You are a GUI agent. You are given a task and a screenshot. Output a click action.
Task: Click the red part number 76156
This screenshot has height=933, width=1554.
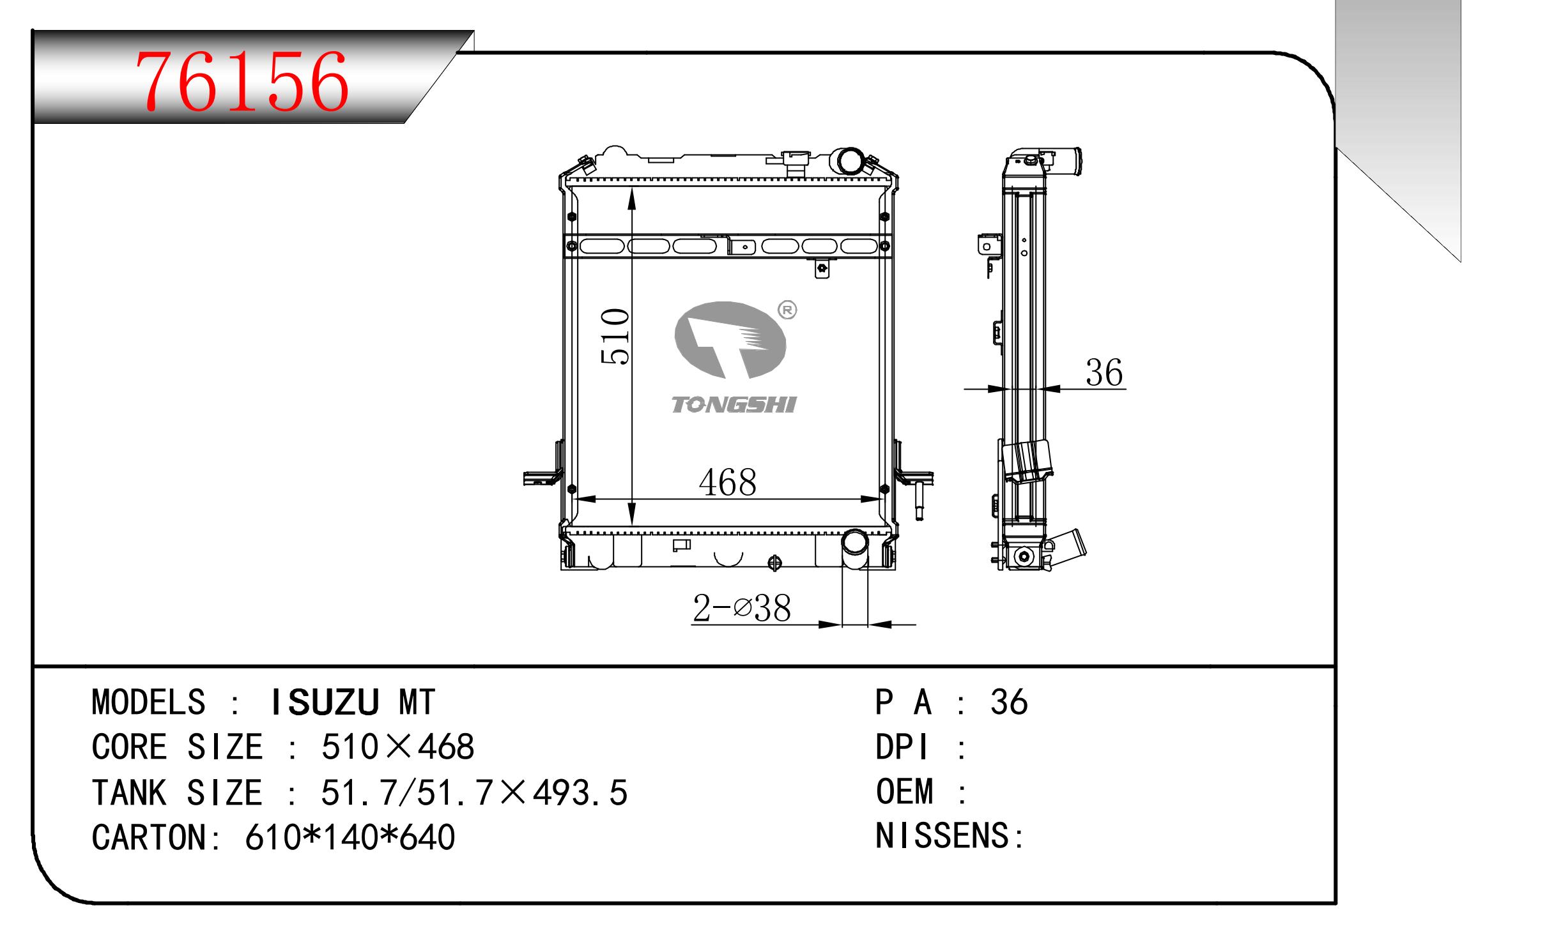tap(243, 81)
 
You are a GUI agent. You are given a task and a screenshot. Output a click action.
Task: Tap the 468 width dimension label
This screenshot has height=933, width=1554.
tap(727, 482)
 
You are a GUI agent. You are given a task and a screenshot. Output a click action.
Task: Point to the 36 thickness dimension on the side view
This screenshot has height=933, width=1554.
tap(1104, 372)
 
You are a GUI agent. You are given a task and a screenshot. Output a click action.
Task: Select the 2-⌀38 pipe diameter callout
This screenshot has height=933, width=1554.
tap(741, 608)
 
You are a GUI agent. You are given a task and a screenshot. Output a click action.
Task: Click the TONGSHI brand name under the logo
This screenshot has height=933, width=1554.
tap(733, 404)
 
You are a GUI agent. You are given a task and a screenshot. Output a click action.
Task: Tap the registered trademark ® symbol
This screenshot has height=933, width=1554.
tap(787, 310)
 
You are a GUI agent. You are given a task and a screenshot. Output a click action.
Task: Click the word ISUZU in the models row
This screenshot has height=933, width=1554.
tap(325, 702)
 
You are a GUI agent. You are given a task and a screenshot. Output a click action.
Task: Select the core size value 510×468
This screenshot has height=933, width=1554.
tap(397, 747)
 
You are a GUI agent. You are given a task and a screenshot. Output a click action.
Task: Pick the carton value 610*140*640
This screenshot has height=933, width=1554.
tap(350, 837)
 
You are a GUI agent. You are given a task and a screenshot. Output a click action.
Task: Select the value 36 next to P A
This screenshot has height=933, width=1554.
tap(1009, 702)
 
